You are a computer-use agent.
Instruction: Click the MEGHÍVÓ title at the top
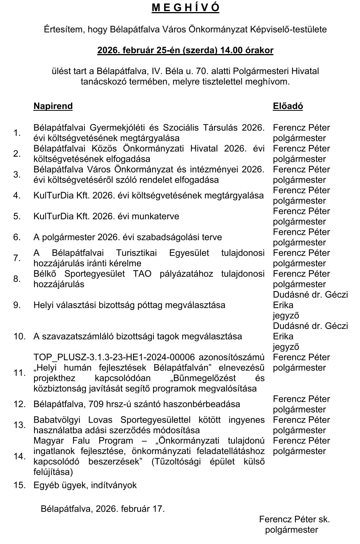(185, 8)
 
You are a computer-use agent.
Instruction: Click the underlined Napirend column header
(53, 106)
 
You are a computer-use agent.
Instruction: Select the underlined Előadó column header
(288, 106)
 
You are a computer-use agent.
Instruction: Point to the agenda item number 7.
(17, 258)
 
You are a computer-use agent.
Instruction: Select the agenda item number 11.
(19, 373)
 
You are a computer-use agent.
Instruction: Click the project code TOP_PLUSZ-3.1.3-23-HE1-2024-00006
(114, 357)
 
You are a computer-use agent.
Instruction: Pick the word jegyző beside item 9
(286, 315)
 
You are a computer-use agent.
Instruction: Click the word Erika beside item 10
(283, 336)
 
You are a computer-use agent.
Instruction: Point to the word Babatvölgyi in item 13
(56, 420)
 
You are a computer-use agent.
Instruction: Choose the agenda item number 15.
(19, 485)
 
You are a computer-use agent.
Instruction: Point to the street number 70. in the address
(210, 71)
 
